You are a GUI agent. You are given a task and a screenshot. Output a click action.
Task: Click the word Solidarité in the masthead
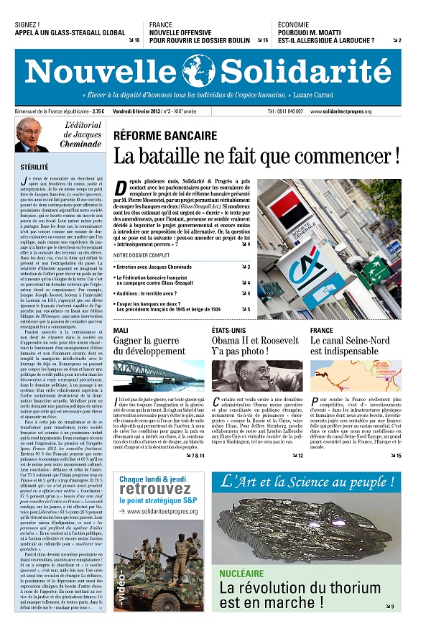[310, 71]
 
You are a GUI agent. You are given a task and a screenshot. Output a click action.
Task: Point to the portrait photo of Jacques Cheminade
[32, 135]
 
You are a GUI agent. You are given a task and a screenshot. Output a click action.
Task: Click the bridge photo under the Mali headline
[158, 374]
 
